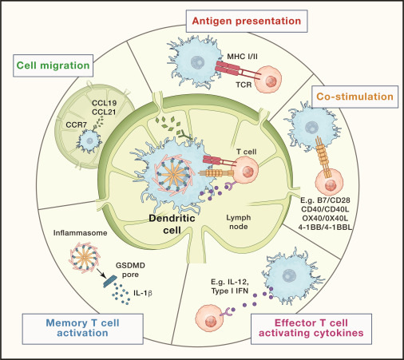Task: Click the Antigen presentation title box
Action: click(247, 21)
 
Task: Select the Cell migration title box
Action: click(53, 65)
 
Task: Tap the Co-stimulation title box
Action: click(354, 97)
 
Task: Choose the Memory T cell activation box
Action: click(82, 329)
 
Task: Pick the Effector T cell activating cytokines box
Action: click(311, 329)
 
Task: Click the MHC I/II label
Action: click(242, 57)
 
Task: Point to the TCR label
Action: click(244, 85)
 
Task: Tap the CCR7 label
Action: click(77, 125)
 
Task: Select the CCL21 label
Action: click(104, 113)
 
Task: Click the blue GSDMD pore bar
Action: click(110, 281)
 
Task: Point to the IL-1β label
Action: click(143, 293)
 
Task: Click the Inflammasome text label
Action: click(80, 233)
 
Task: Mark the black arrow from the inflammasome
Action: click(101, 272)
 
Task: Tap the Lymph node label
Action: click(239, 222)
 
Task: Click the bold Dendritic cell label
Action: click(172, 224)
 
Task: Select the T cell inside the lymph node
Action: click(245, 170)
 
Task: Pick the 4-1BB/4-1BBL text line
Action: click(325, 227)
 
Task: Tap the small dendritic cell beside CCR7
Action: click(89, 140)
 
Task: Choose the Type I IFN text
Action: click(230, 291)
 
